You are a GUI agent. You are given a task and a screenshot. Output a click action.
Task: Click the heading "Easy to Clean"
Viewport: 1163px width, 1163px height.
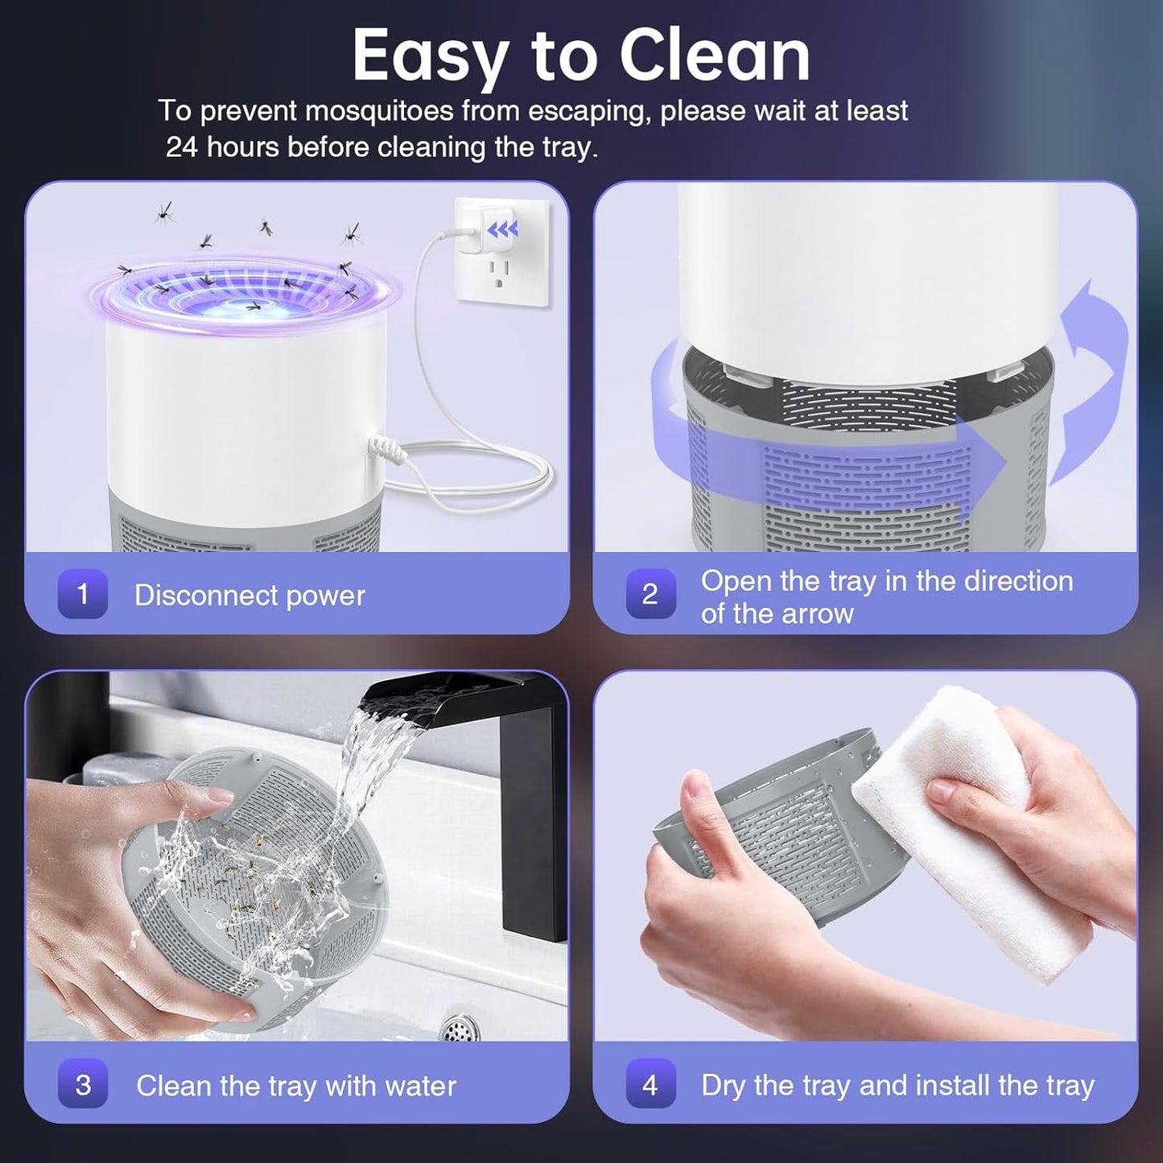click(581, 56)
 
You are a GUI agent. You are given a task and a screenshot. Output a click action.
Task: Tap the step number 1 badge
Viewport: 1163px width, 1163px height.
click(82, 594)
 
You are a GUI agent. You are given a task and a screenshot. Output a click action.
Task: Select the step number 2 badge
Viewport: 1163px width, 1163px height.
click(650, 594)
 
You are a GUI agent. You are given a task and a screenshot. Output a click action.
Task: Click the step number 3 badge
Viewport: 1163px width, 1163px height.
click(82, 1084)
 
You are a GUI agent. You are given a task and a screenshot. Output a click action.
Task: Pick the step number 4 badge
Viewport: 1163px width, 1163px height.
click(650, 1084)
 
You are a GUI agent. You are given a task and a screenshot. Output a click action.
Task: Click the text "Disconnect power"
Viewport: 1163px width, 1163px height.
click(250, 596)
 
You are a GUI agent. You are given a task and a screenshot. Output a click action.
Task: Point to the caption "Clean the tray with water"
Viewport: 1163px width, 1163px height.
click(295, 1086)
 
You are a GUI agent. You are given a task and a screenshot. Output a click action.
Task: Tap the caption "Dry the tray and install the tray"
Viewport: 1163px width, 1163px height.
click(897, 1085)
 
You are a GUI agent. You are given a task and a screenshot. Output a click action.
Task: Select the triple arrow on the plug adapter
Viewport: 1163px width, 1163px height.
click(503, 231)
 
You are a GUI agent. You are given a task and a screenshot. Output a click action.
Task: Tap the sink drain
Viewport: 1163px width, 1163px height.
click(460, 1028)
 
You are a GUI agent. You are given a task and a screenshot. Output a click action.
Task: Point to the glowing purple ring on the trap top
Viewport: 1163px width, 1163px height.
click(245, 294)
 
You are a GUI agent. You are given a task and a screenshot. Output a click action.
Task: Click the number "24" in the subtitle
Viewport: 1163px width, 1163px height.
click(182, 147)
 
